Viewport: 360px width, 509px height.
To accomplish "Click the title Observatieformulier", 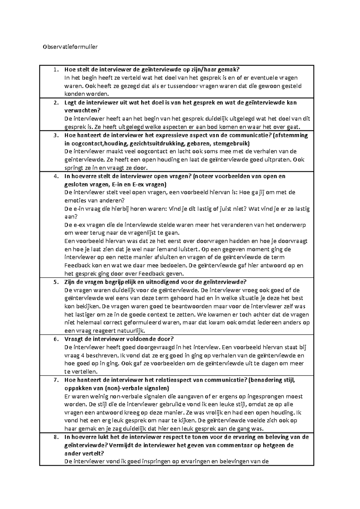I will pyautogui.click(x=70, y=47).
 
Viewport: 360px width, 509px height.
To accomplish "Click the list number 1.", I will pyautogui.click(x=55, y=70).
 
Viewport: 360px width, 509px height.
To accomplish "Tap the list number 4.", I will pyautogui.click(x=55, y=176).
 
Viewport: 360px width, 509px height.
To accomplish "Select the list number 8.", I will pyautogui.click(x=55, y=437).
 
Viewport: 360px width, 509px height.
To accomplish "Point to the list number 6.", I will pyautogui.click(x=55, y=339).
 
